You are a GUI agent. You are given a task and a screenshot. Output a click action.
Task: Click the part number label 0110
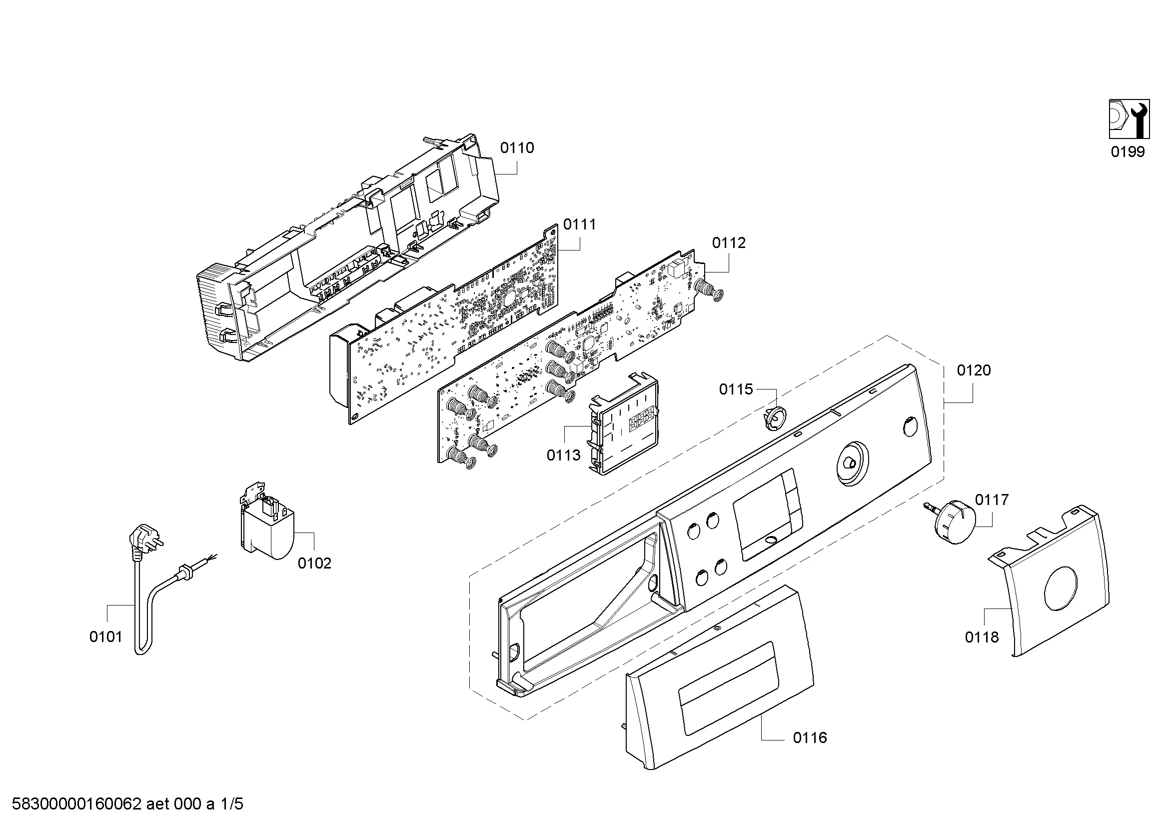[517, 148]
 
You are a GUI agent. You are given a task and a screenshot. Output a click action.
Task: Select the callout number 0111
[579, 224]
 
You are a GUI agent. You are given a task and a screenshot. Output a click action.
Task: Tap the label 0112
[729, 243]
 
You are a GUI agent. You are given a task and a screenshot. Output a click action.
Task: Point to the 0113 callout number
[564, 455]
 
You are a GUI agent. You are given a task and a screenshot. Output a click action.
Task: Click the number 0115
[736, 389]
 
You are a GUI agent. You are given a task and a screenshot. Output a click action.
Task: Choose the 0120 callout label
[974, 370]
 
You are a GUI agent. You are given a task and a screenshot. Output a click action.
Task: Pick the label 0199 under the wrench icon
[1128, 152]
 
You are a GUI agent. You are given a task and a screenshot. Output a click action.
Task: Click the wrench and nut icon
[1129, 126]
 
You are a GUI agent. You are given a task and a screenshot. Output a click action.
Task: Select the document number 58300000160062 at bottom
[76, 804]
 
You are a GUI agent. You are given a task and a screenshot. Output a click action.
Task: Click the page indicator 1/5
[232, 804]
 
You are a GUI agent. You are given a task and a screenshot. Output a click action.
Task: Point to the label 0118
[982, 637]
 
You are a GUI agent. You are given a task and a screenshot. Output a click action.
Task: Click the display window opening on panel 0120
[767, 515]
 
